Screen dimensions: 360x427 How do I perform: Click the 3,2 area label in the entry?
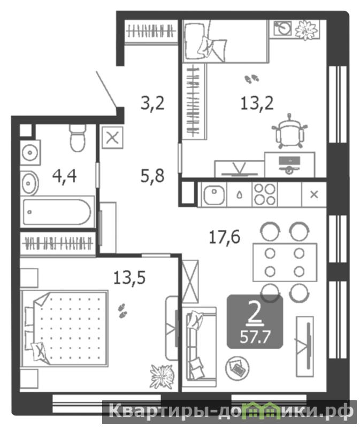[152, 104]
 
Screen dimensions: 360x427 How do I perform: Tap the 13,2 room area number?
[257, 104]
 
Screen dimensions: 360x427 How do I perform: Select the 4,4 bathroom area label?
[64, 176]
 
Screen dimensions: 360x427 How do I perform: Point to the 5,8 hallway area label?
[152, 176]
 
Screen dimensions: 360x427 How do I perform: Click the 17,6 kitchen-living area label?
[224, 237]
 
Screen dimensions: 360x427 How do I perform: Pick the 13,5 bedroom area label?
[129, 278]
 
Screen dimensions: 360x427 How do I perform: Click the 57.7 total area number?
[255, 337]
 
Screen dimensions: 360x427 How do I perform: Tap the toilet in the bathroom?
[78, 137]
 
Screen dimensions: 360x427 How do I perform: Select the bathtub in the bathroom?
[57, 212]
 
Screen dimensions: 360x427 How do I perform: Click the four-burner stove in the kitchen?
[265, 195]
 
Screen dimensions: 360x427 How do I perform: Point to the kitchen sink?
[214, 195]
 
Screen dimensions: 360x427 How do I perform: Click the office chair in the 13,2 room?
[290, 131]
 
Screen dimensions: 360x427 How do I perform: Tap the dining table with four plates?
[285, 262]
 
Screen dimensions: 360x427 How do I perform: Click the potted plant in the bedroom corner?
[162, 377]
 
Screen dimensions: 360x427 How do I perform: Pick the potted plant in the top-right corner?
[307, 30]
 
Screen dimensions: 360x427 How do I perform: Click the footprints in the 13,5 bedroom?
[122, 310]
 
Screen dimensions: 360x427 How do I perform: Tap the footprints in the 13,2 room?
[252, 79]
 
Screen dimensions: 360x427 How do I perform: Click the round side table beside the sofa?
[237, 368]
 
